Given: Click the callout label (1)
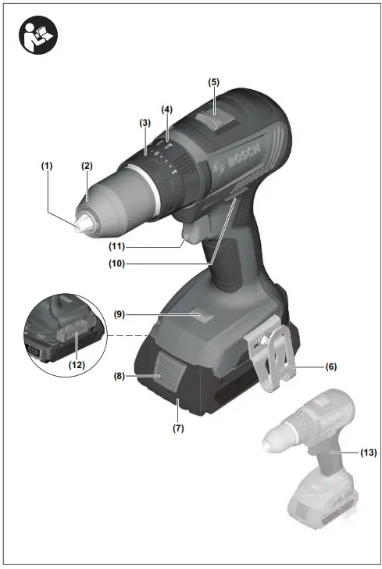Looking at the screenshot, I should pos(48,166).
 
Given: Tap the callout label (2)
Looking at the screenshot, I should pos(87,166).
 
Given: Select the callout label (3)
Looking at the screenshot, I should pos(145,123).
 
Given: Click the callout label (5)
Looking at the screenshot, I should pos(214,81).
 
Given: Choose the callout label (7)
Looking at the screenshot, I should pos(179,428).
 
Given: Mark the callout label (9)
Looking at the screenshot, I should pos(119,315).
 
